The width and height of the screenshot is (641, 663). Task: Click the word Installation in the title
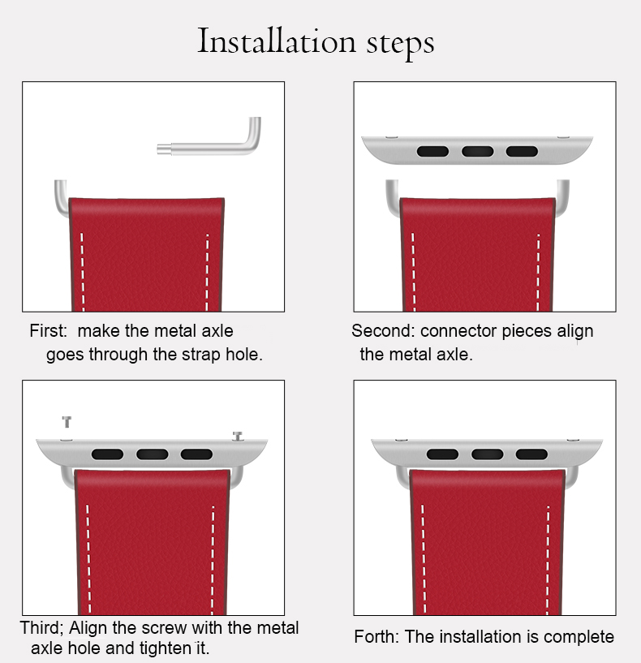(277, 41)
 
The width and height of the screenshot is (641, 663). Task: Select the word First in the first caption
(48, 330)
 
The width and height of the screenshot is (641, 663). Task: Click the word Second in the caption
(383, 330)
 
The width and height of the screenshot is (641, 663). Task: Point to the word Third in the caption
(41, 627)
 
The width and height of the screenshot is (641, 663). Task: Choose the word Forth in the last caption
(376, 636)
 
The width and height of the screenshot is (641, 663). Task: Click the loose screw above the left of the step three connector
(67, 422)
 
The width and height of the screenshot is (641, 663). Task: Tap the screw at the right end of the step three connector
(238, 437)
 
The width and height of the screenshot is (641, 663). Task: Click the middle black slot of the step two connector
(477, 152)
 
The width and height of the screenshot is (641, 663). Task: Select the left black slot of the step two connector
(432, 152)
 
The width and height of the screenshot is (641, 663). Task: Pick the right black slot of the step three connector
(196, 454)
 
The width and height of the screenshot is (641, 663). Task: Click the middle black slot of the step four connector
(487, 454)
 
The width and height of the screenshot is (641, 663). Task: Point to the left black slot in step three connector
(107, 454)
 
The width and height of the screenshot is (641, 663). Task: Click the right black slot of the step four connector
(531, 454)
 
